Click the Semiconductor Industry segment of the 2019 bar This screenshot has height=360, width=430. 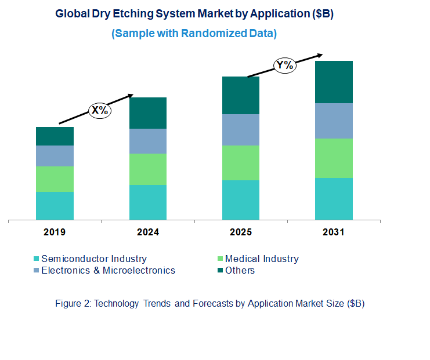coord(55,206)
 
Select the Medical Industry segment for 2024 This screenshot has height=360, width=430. coord(147,169)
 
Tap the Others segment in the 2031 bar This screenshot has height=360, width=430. coord(334,82)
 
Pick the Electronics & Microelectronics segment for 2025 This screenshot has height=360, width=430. coord(241,130)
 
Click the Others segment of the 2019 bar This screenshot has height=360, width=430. coord(55,136)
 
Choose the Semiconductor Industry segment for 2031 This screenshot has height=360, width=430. coord(334,199)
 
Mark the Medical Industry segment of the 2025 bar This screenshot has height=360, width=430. coord(241,163)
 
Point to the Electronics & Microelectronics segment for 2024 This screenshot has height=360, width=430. coord(147,141)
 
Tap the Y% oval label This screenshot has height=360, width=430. coord(285,65)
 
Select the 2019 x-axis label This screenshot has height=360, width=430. coord(55,232)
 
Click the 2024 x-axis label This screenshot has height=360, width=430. coord(147,232)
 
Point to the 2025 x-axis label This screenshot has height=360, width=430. coord(241,232)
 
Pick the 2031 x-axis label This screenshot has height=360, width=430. coord(334,232)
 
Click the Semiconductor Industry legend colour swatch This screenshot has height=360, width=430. coord(37,259)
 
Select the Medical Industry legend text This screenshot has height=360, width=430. coord(262,259)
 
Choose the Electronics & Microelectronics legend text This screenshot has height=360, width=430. coord(108,270)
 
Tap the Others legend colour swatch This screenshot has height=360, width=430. coord(220,270)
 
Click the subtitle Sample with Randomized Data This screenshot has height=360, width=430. coord(194,34)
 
